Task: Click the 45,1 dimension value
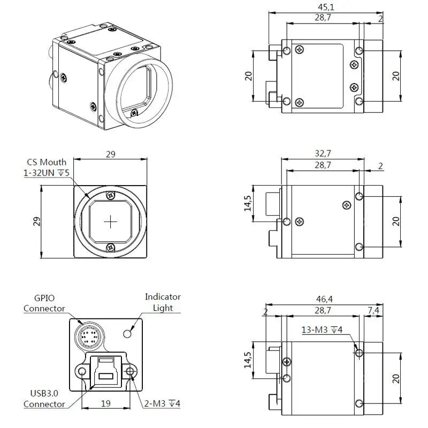pyautogui.click(x=323, y=7)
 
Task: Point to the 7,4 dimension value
pyautogui.click(x=374, y=311)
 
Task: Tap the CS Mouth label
pyautogui.click(x=47, y=162)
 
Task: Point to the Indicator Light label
pyautogui.click(x=163, y=302)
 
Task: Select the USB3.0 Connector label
pyautogui.click(x=44, y=399)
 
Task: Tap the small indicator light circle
pyautogui.click(x=127, y=334)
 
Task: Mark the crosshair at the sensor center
pyautogui.click(x=111, y=222)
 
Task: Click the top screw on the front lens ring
pyautogui.click(x=111, y=195)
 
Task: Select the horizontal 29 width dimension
pyautogui.click(x=111, y=154)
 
